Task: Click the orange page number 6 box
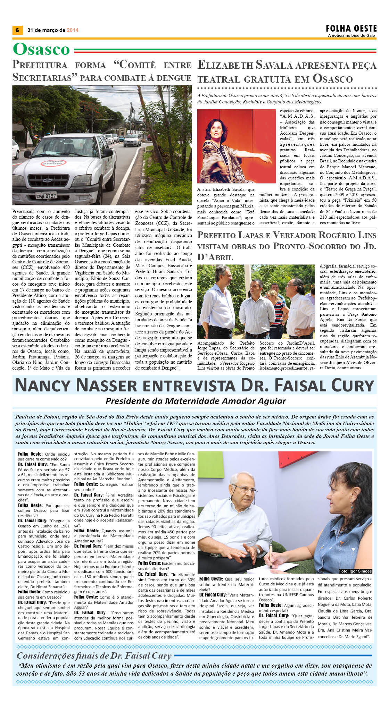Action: (17, 30)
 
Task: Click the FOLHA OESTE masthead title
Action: (351, 28)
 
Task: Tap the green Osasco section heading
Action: (41, 49)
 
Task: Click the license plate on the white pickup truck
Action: (46, 196)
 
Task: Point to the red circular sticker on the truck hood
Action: (53, 163)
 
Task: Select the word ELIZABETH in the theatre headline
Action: (225, 65)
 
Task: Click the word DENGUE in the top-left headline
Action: (174, 78)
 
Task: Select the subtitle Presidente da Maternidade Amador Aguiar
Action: (196, 401)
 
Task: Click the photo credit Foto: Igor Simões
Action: (355, 571)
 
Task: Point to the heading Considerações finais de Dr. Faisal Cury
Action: (94, 655)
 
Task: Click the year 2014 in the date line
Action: (73, 30)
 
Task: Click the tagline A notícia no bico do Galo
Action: (352, 35)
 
